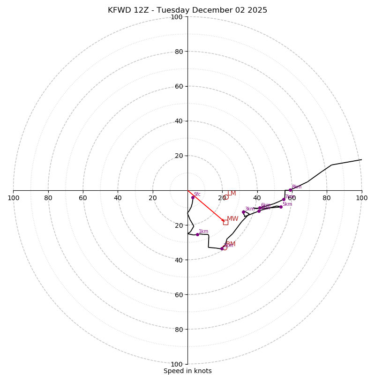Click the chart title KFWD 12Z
pyautogui.click(x=187, y=10)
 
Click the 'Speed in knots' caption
pyautogui.click(x=187, y=371)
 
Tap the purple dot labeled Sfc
pyautogui.click(x=193, y=197)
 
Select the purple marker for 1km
pyautogui.click(x=197, y=234)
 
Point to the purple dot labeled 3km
pyautogui.click(x=243, y=212)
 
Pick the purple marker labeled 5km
pyautogui.click(x=281, y=207)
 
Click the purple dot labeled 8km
pyautogui.click(x=290, y=190)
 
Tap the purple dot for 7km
pyautogui.click(x=284, y=199)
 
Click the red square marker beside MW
pyautogui.click(x=225, y=222)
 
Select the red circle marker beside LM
pyautogui.click(x=226, y=197)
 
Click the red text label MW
pyautogui.click(x=232, y=219)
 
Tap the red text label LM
pyautogui.click(x=232, y=193)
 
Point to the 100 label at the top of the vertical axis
pyautogui.click(x=177, y=17)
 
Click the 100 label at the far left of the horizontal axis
pyautogui.click(x=13, y=198)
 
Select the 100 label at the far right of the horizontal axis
pyautogui.click(x=361, y=198)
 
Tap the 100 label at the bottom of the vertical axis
pyautogui.click(x=177, y=364)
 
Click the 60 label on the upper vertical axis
pyautogui.click(x=179, y=86)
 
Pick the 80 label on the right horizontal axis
pyautogui.click(x=327, y=198)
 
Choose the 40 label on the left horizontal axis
pyautogui.click(x=118, y=198)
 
